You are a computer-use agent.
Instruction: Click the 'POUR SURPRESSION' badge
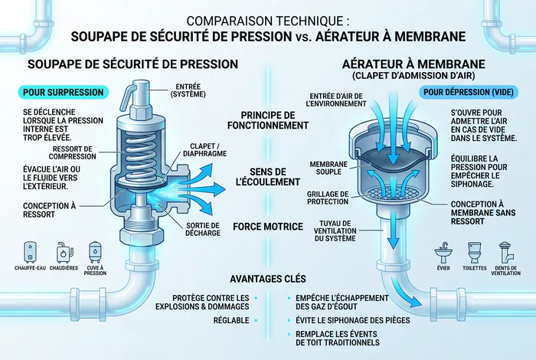click(x=62, y=93)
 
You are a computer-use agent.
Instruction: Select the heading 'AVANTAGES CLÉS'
click(x=269, y=278)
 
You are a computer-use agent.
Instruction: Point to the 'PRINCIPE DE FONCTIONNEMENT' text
click(x=269, y=119)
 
